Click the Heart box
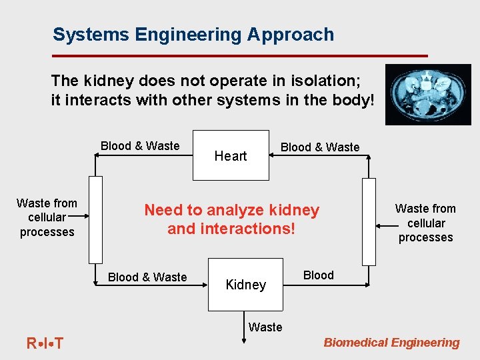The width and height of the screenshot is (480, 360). tap(231, 155)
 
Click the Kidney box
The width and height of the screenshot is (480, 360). tap(245, 285)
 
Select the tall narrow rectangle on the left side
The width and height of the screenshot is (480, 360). tap(96, 219)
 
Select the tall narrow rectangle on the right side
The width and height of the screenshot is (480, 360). tap(369, 222)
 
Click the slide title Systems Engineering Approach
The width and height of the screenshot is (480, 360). tap(193, 35)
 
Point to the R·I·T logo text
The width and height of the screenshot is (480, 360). tap(45, 344)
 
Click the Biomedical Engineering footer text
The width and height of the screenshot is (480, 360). tap(391, 343)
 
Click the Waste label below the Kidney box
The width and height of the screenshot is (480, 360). tap(265, 327)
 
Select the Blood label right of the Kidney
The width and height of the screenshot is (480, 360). tap(318, 275)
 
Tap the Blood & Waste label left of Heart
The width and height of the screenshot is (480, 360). tap(140, 146)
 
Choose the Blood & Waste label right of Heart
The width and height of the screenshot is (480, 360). tap(320, 147)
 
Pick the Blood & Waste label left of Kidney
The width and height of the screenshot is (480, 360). tap(147, 277)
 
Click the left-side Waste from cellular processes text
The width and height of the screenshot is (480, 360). tap(47, 217)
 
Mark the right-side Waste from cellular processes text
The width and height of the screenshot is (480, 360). tap(425, 223)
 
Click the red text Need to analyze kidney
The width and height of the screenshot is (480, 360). tap(231, 211)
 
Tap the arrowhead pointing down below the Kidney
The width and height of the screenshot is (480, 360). tap(245, 340)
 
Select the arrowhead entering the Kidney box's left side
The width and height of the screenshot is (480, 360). tap(205, 285)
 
